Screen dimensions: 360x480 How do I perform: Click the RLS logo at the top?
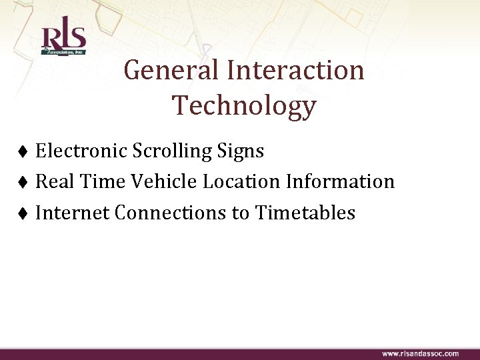click(63, 40)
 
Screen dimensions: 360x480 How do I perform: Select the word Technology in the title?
click(244, 105)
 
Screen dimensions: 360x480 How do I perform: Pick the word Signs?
click(241, 152)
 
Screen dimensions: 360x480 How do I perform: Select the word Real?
click(53, 182)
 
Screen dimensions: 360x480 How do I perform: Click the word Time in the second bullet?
click(100, 182)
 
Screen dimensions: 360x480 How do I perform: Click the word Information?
click(342, 182)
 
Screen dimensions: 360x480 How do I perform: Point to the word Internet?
click(73, 213)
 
